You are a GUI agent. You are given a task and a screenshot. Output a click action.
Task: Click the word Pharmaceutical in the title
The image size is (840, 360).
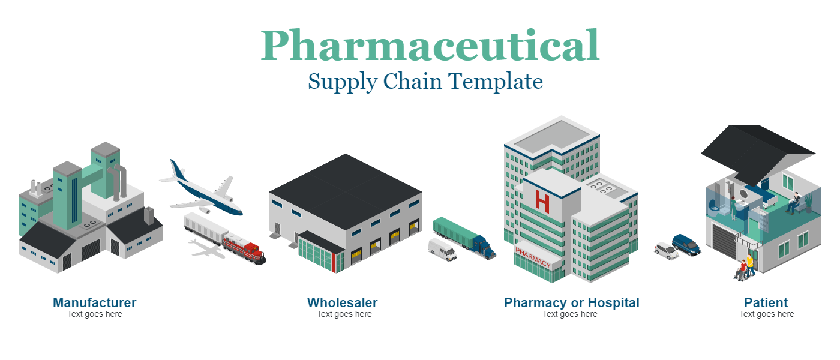click(430, 46)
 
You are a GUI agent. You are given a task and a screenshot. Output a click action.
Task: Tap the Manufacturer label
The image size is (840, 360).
click(95, 302)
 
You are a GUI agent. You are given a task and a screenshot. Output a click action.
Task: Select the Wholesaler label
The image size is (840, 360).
click(343, 302)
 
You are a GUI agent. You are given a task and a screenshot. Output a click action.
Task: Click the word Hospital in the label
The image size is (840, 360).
click(613, 302)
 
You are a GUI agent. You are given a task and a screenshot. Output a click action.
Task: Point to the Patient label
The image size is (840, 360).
click(766, 302)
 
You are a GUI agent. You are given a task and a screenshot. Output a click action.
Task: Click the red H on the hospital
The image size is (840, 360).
click(542, 202)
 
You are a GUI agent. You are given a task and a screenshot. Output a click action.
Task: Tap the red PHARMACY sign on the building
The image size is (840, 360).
click(533, 257)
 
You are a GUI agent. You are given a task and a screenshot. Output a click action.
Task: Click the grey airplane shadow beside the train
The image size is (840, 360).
click(206, 249)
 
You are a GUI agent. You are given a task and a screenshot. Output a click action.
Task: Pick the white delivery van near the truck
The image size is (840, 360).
click(443, 250)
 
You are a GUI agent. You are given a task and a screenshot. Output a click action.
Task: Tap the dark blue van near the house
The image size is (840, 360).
click(686, 245)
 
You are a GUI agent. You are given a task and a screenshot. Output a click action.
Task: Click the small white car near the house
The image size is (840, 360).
click(667, 251)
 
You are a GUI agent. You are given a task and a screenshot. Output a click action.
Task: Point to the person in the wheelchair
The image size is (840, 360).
click(740, 271)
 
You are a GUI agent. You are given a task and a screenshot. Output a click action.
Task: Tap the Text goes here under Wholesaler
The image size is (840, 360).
click(344, 314)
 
